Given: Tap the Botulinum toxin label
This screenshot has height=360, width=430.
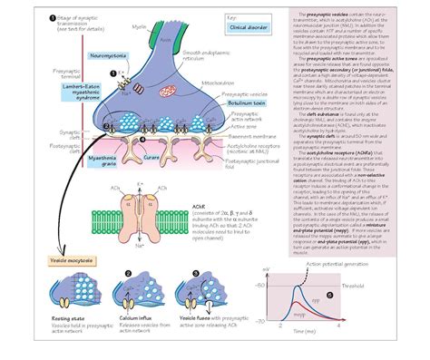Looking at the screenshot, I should tap(229, 102).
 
